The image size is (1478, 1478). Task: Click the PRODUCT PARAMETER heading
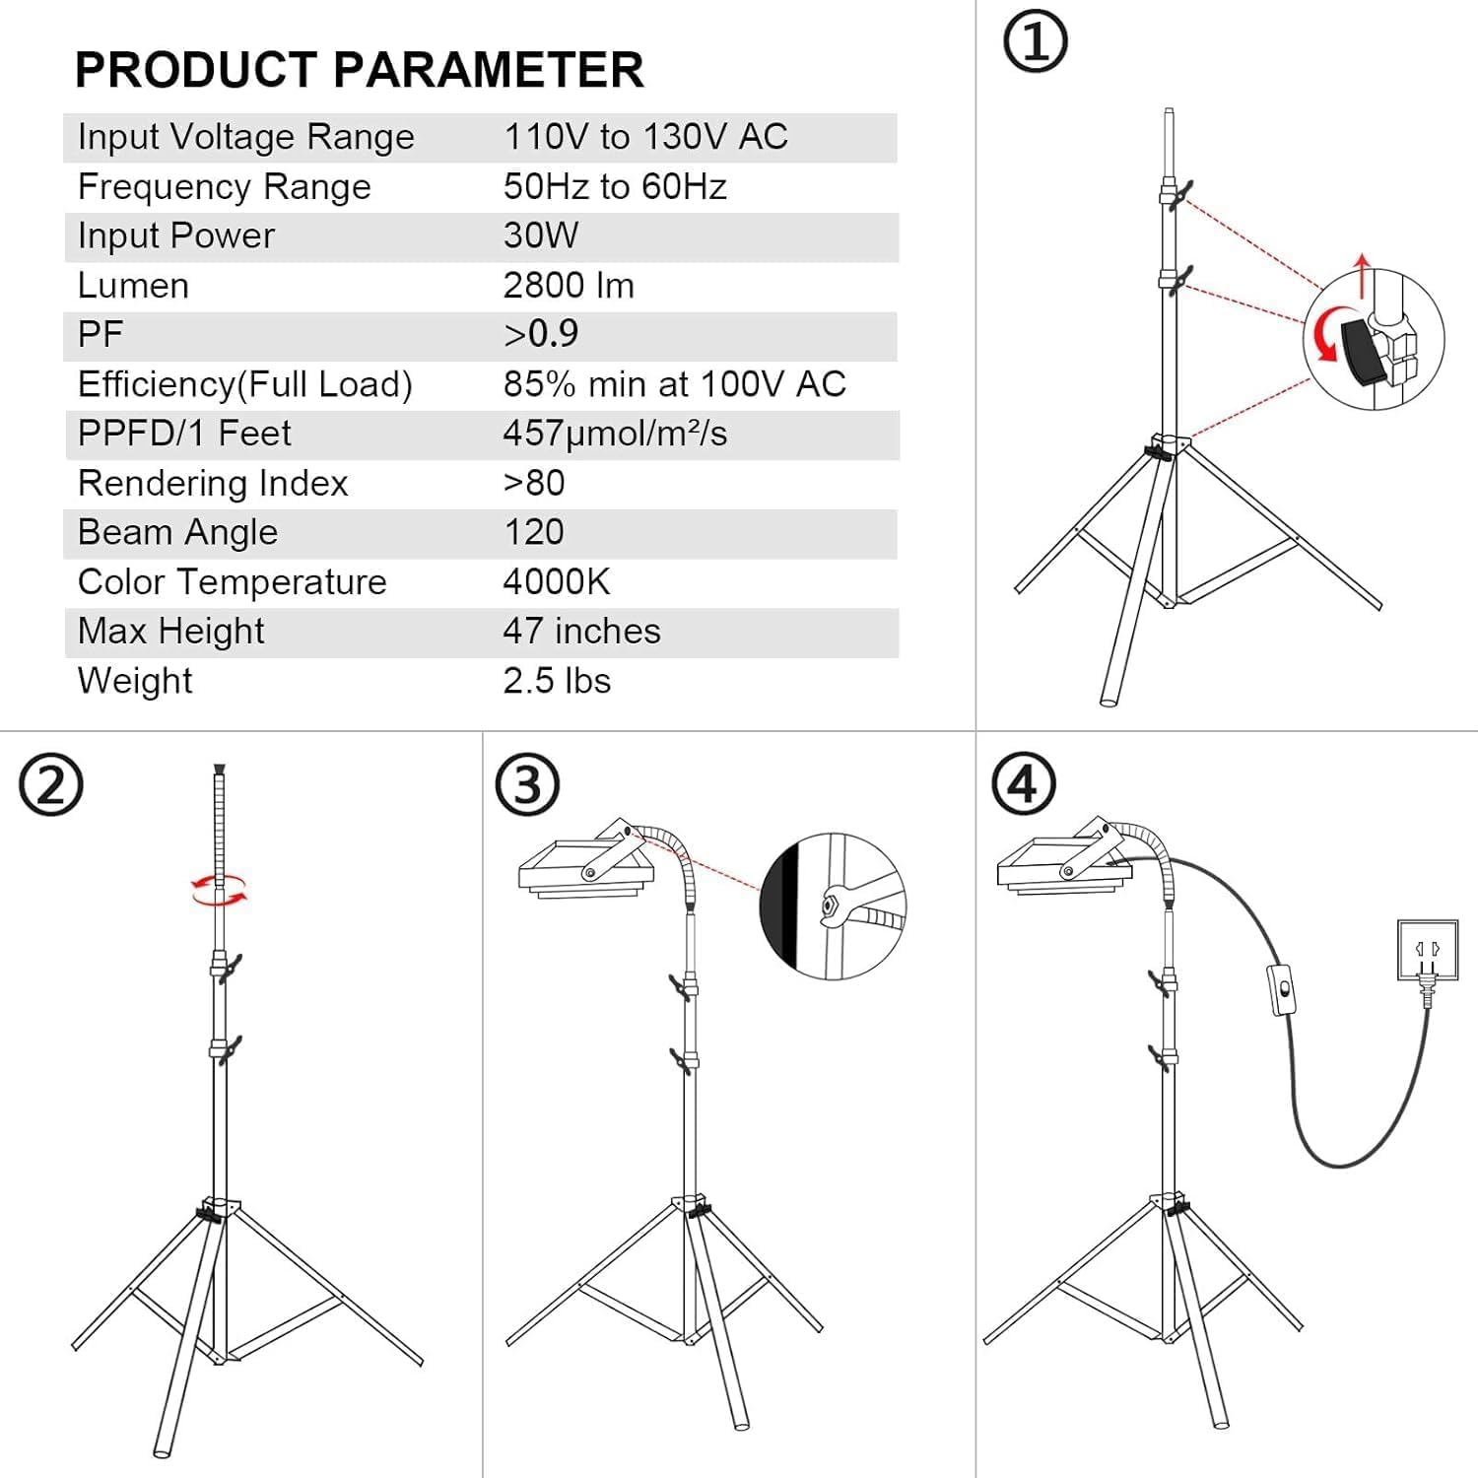359,69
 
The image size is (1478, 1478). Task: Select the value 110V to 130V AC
645,137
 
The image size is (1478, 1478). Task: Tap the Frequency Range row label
225,186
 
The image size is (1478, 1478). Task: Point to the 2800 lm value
569,286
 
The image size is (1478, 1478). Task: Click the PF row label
101,335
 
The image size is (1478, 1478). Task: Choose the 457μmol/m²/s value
615,434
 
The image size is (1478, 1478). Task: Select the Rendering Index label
213,483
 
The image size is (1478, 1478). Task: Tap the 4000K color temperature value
557,581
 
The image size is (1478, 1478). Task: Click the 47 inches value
581,631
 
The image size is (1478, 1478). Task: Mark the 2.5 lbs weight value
557,681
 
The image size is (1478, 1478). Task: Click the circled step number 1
1035,41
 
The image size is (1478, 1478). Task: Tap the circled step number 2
51,784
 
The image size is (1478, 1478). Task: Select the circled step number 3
528,784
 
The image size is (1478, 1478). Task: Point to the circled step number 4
1024,784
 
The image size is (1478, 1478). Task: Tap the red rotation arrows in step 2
219,889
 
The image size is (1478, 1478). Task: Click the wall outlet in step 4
1427,950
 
